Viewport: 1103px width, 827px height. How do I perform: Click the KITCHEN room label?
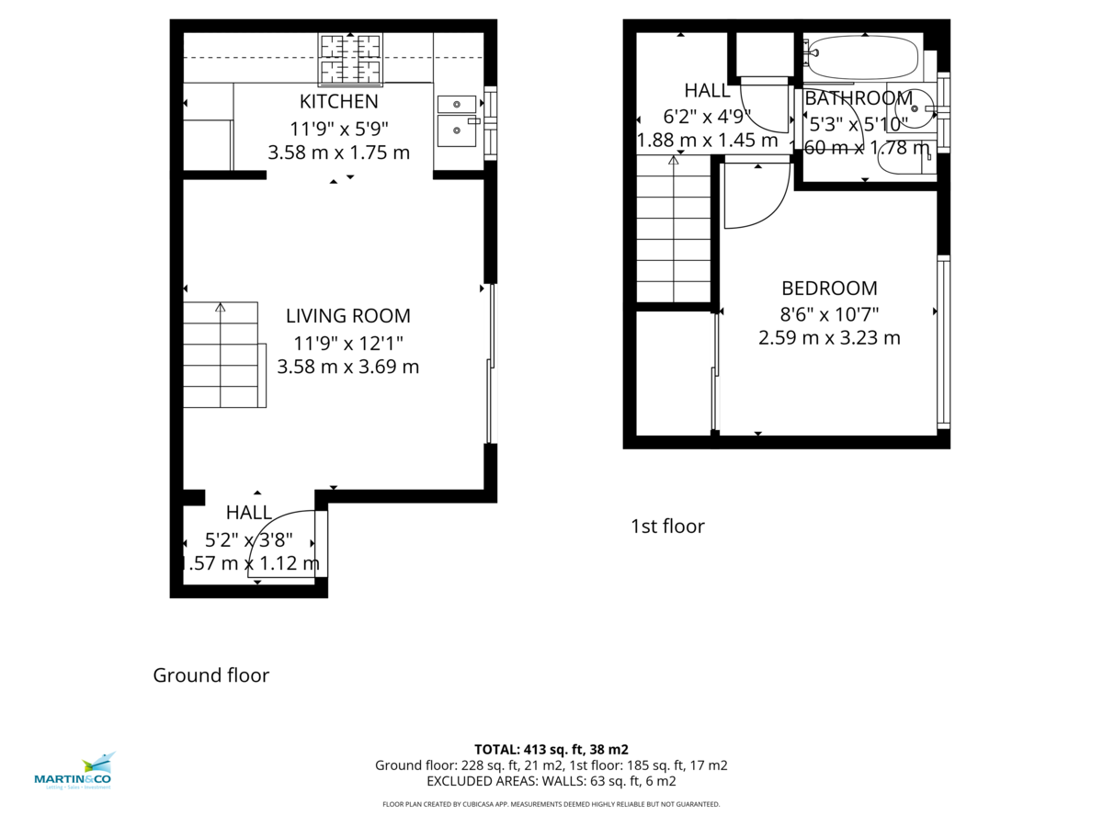(x=338, y=101)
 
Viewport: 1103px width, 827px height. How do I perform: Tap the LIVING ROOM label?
(x=347, y=316)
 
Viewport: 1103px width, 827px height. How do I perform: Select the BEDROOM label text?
(x=829, y=288)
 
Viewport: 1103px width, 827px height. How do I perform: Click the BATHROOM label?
(x=859, y=98)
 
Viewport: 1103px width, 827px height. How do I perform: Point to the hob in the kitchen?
(x=349, y=57)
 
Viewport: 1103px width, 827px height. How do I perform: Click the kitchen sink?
(x=457, y=118)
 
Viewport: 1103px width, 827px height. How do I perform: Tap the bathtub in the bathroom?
(x=862, y=58)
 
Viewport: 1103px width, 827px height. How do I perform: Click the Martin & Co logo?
(x=74, y=772)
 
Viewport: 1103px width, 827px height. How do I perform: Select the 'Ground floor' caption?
(x=210, y=675)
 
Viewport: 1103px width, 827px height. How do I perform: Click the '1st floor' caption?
(x=667, y=527)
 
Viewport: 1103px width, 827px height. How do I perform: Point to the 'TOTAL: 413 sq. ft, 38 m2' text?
(x=551, y=749)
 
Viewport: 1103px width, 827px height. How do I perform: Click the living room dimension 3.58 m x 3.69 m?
(x=347, y=367)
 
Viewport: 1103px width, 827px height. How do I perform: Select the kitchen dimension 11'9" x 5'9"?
(x=338, y=128)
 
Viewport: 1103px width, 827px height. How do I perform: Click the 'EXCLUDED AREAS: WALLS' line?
(x=551, y=781)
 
